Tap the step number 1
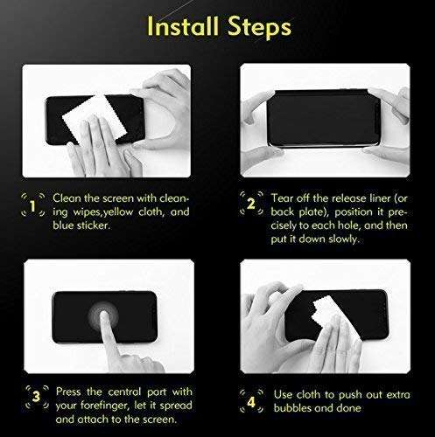tap(32, 207)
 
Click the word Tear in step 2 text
tap(283, 198)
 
